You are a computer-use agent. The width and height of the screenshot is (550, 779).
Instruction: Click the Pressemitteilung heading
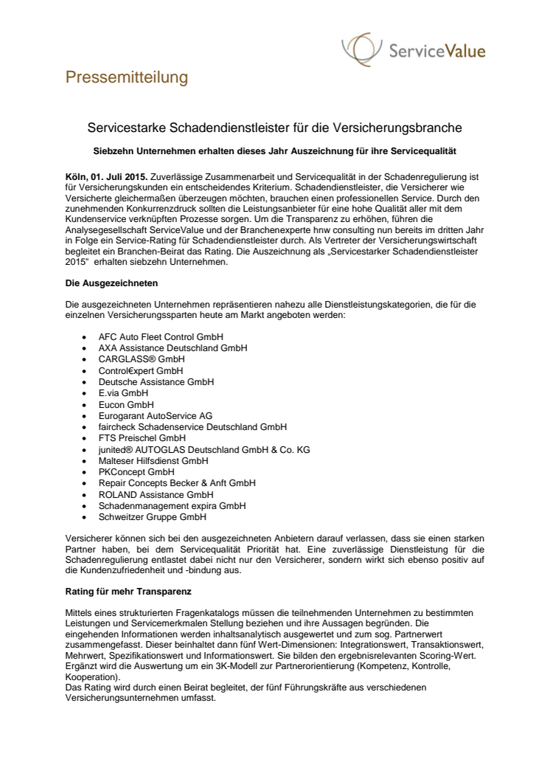(x=127, y=77)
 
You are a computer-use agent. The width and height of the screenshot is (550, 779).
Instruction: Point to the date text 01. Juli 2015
(x=121, y=178)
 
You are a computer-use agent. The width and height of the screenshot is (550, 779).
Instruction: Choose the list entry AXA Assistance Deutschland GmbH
(x=173, y=347)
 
